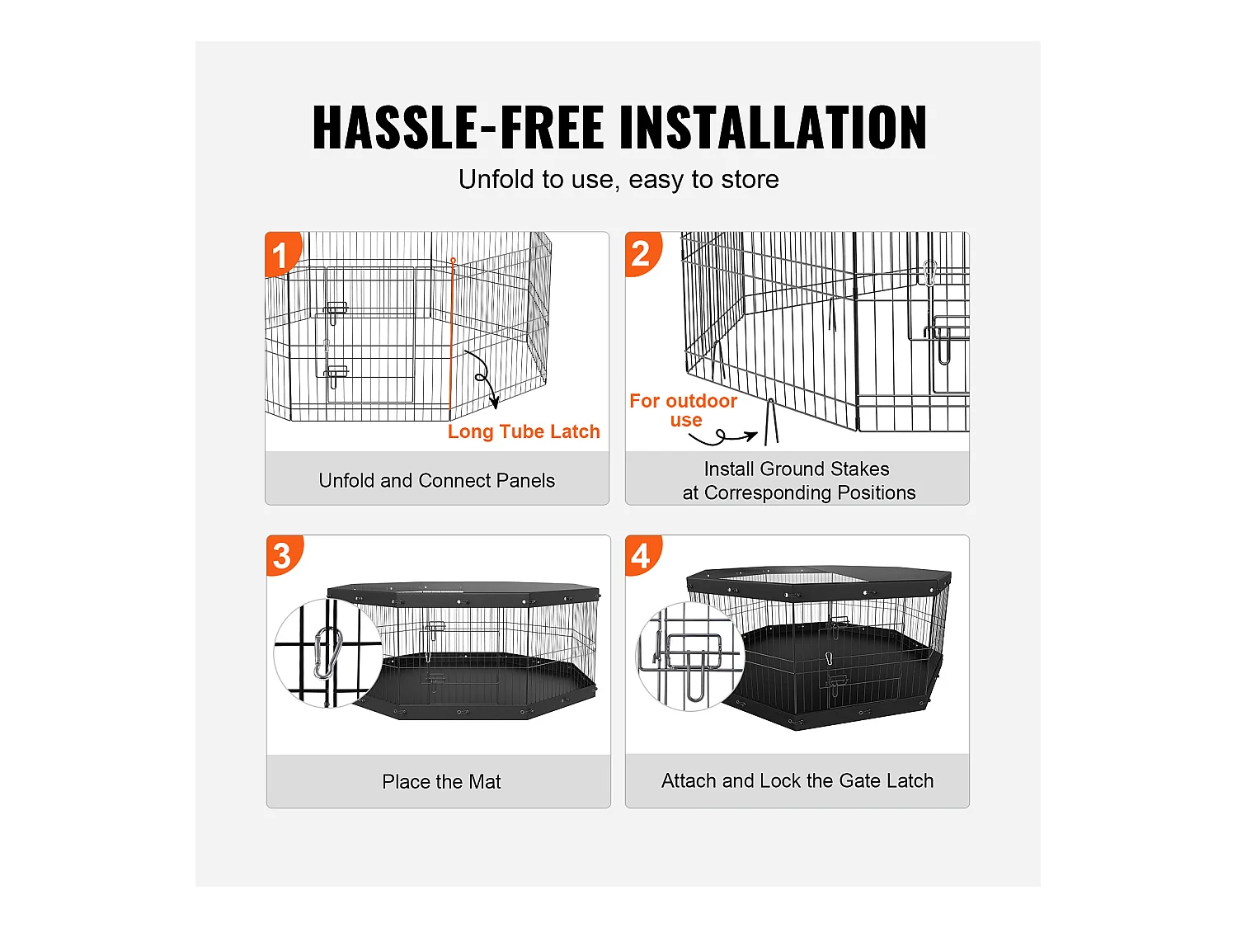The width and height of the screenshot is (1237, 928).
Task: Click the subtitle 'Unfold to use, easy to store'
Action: (x=618, y=179)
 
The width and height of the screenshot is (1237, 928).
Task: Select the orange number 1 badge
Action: (x=280, y=254)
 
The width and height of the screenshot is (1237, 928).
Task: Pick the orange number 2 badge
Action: (x=641, y=252)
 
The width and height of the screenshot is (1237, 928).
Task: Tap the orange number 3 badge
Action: (x=282, y=555)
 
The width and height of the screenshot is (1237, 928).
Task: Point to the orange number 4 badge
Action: (x=641, y=555)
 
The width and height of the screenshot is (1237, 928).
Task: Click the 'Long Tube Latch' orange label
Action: (x=524, y=431)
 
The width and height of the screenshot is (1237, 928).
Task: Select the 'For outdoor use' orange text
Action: (x=683, y=410)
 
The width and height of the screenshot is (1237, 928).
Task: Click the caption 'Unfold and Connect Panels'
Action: (x=437, y=480)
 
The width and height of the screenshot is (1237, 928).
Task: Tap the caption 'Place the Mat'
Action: (x=441, y=781)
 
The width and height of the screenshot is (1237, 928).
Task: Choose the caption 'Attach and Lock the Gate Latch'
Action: (x=797, y=780)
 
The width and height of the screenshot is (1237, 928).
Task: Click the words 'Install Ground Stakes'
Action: (x=797, y=469)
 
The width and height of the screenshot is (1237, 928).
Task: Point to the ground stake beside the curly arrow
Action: (x=772, y=422)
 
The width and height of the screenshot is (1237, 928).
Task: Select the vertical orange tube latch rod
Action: (x=452, y=338)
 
